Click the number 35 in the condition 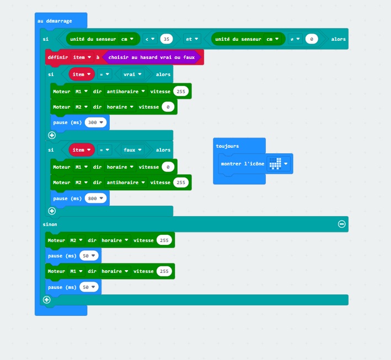coord(167,39)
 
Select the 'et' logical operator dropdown coord(192,39)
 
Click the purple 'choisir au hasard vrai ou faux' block coord(152,57)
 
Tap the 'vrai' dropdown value coord(132,74)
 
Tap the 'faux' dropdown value coord(132,150)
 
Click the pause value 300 coord(95,122)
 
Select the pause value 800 coord(95,198)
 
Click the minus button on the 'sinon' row coord(341,224)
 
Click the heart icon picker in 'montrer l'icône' coord(278,164)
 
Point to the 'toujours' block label coord(227,146)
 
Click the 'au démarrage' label coord(55,21)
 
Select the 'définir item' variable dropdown coord(82,57)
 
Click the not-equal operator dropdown coord(294,39)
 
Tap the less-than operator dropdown coord(150,39)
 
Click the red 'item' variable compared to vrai coord(82,74)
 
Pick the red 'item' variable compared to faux coord(82,150)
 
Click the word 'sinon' coord(50,224)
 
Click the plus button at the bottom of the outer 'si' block coord(47,300)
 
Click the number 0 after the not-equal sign coord(312,39)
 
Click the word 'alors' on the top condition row coord(339,39)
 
